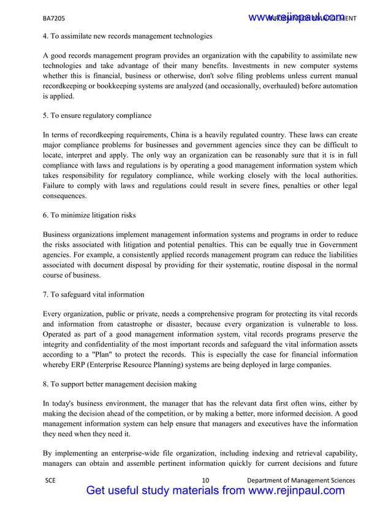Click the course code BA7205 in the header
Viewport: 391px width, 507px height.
[54, 18]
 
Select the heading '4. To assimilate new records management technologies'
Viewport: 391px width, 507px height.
[127, 37]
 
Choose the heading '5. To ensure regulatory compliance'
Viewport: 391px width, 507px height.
[97, 115]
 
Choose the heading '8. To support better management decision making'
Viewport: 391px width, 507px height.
[120, 384]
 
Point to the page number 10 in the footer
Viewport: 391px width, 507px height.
[205, 480]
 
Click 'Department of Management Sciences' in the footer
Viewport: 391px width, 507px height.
[300, 480]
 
